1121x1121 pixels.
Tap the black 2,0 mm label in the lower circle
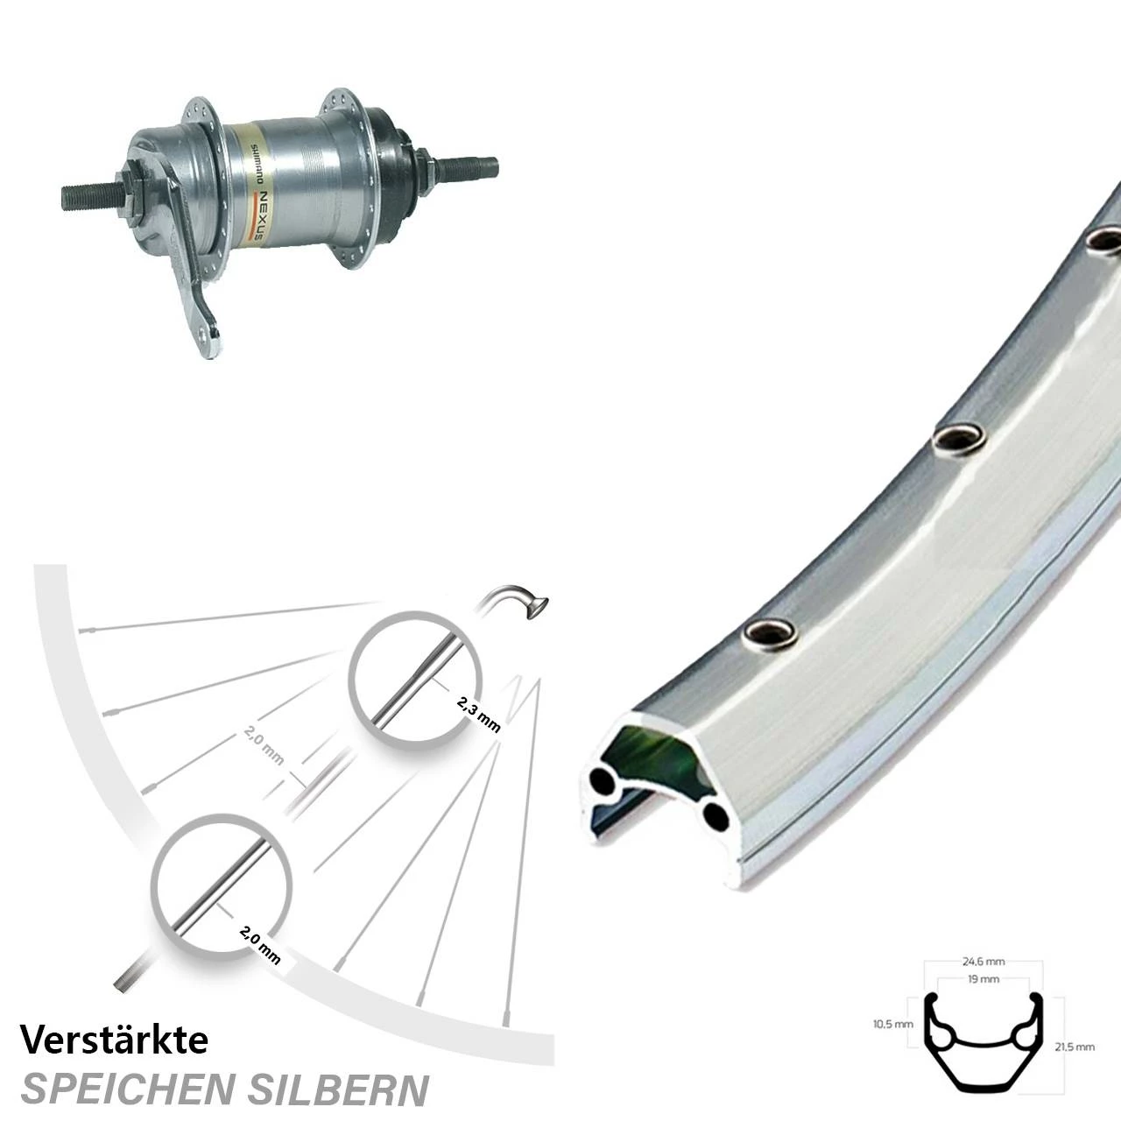[260, 945]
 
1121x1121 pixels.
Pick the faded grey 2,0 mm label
[263, 750]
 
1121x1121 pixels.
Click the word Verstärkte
[114, 1040]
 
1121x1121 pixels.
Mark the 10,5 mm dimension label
[893, 1023]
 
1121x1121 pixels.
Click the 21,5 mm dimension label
[1074, 1046]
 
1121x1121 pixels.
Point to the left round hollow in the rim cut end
[603, 779]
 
